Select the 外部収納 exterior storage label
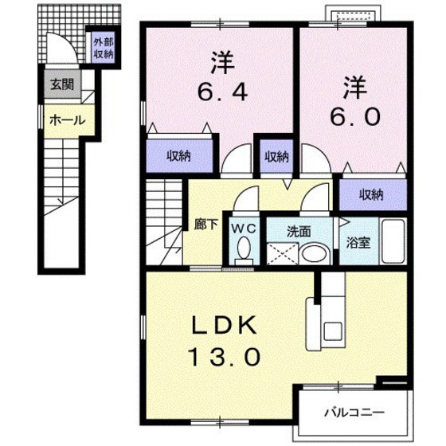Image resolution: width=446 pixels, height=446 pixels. [x=102, y=49]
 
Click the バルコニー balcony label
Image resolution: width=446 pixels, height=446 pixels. [x=354, y=413]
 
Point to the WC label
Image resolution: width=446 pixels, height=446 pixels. [x=243, y=228]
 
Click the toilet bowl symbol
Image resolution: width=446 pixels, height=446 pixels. [x=244, y=252]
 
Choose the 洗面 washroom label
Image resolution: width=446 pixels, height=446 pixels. [x=299, y=232]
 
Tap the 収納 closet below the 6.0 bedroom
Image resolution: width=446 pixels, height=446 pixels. [x=370, y=194]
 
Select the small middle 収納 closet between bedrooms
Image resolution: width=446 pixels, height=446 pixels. [x=276, y=156]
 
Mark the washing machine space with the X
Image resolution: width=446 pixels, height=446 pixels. [x=280, y=254]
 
